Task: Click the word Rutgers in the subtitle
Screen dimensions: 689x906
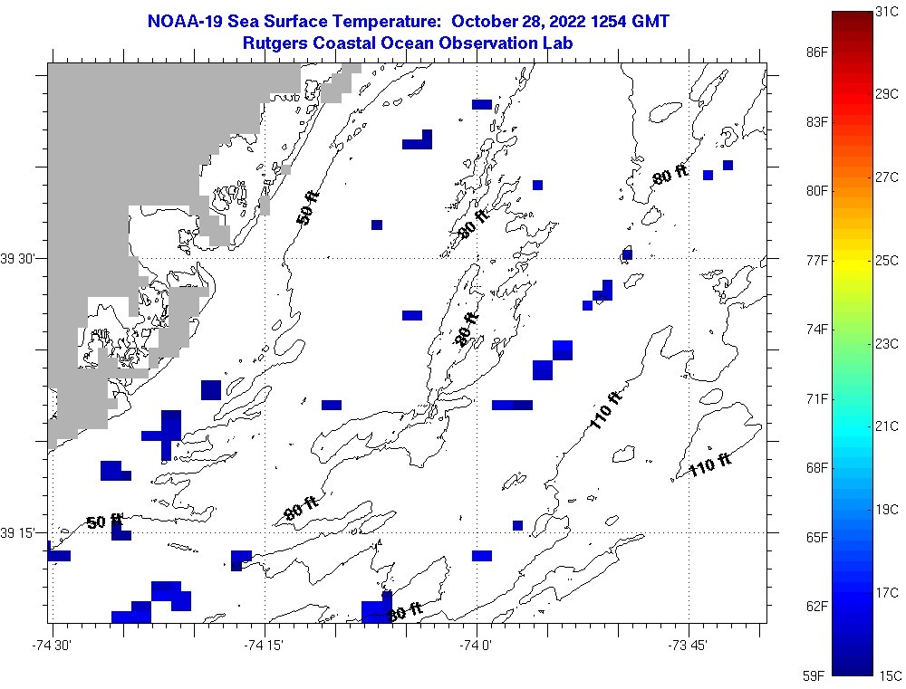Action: [275, 43]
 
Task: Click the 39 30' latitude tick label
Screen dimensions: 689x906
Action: [19, 259]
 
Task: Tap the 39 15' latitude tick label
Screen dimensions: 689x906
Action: [19, 533]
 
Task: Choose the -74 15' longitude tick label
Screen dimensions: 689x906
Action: [264, 646]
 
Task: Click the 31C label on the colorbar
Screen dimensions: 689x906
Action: [887, 11]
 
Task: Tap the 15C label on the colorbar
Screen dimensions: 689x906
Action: [887, 675]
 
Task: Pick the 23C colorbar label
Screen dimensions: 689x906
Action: [887, 343]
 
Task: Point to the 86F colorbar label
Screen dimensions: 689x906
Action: [817, 53]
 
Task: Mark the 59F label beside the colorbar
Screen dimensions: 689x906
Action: [817, 675]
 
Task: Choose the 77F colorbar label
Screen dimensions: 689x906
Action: [817, 260]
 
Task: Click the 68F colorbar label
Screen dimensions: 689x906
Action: [817, 468]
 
